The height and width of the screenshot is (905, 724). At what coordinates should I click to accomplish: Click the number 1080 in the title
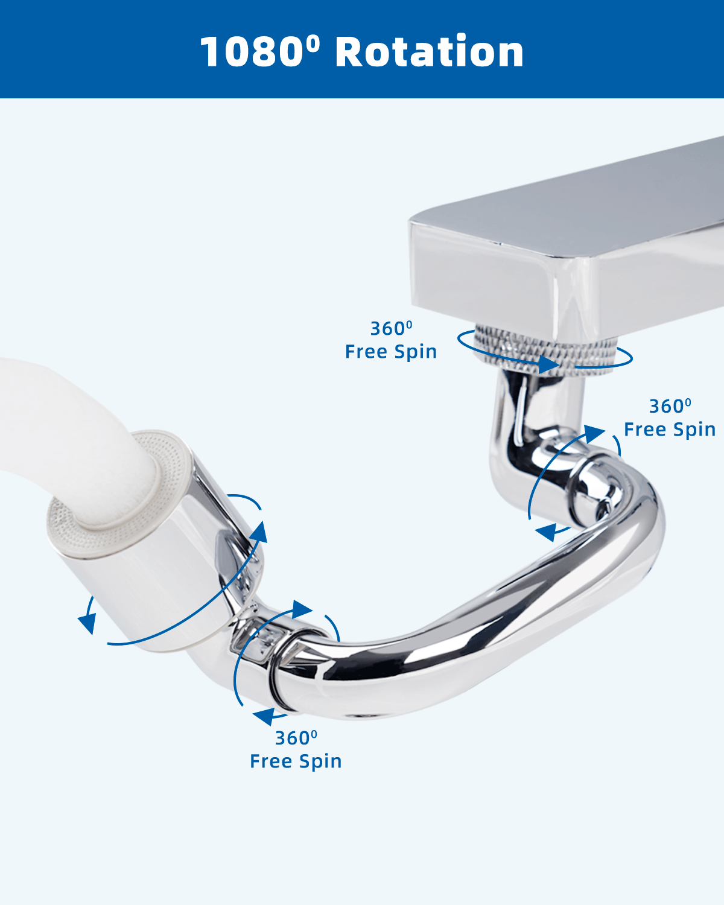click(x=251, y=52)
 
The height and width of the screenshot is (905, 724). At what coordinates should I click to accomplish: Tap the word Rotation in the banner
click(x=430, y=51)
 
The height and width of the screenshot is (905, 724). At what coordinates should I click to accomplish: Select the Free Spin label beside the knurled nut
click(x=391, y=352)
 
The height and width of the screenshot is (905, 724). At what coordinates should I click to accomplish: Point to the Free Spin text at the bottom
click(x=296, y=761)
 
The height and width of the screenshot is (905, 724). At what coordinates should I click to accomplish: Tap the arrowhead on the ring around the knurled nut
click(x=549, y=364)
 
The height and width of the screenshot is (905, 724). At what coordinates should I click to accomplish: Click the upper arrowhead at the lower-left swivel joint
click(x=302, y=609)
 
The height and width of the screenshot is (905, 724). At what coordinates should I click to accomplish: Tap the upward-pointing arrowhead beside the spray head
click(x=260, y=532)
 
